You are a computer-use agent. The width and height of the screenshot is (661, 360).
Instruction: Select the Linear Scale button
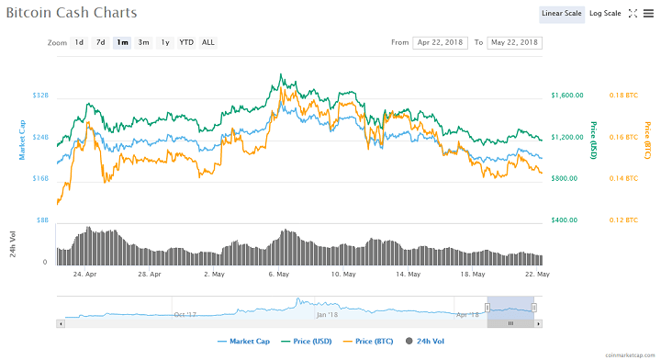pos(561,14)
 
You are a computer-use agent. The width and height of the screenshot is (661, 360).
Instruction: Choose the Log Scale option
pos(605,14)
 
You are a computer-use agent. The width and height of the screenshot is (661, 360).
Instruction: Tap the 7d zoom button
pos(101,42)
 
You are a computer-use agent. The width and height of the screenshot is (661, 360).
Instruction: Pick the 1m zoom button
pos(122,42)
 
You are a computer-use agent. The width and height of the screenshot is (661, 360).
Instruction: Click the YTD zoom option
pos(186,42)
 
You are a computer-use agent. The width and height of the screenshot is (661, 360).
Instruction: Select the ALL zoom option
pos(208,42)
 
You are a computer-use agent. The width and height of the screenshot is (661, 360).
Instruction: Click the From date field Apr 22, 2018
pos(442,42)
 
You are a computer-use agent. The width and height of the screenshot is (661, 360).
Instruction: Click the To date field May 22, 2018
pos(515,42)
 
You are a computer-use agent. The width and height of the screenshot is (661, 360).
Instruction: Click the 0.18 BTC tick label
pos(623,96)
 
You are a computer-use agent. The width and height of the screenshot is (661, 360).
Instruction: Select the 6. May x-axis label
pos(280,274)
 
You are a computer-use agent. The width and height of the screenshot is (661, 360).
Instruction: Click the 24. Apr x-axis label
pos(85,274)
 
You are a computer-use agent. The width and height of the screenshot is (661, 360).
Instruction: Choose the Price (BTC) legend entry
pos(367,342)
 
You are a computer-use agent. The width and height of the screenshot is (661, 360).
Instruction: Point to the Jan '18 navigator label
pos(327,314)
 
